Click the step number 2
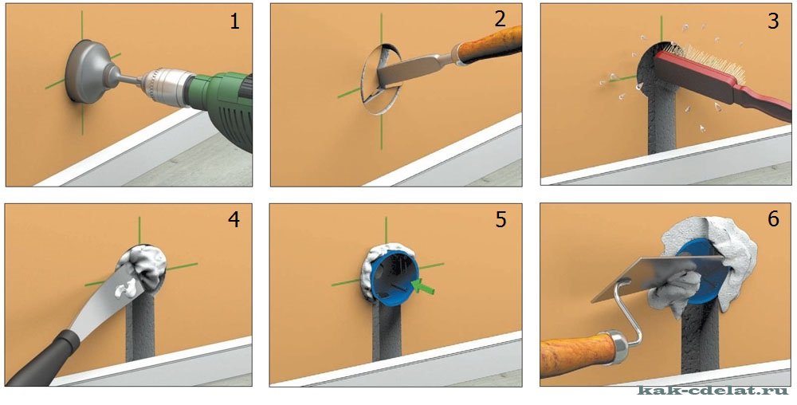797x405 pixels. coord(501,19)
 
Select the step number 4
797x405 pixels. coord(234,219)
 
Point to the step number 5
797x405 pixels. coord(501,219)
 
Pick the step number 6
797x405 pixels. coord(773,219)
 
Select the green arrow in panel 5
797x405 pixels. coord(423,286)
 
